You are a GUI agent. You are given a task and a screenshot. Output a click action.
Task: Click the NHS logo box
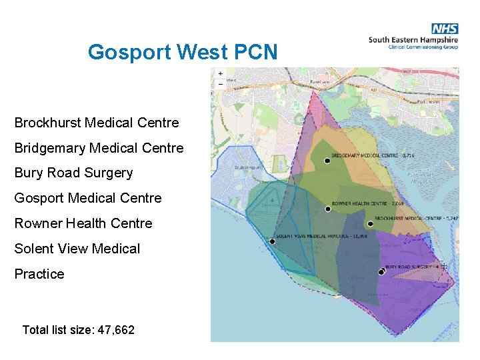coord(445,29)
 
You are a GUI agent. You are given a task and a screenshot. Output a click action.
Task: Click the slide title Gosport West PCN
coord(182,52)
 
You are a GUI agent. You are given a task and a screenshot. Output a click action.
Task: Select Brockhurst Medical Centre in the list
coord(97,123)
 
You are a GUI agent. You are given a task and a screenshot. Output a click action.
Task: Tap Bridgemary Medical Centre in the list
coord(99,148)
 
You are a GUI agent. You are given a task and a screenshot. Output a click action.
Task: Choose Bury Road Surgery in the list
coord(73,173)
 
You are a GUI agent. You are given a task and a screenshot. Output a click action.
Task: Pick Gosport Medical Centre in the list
coord(88,198)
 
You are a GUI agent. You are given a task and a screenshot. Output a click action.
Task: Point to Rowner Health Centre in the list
coord(83,223)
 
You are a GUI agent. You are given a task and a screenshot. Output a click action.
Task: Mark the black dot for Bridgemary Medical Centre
coord(327,161)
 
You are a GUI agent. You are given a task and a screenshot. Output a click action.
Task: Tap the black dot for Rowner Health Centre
coord(329,209)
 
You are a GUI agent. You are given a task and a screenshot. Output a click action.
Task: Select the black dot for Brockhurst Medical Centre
coord(370,223)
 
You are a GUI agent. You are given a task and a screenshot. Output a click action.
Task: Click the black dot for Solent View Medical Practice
coord(272,241)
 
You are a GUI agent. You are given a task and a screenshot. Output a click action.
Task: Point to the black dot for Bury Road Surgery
coord(382,271)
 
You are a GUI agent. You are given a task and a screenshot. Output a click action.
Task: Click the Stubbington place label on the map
coord(247,168)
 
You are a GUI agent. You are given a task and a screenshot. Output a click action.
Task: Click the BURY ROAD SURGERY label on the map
coord(411,267)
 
